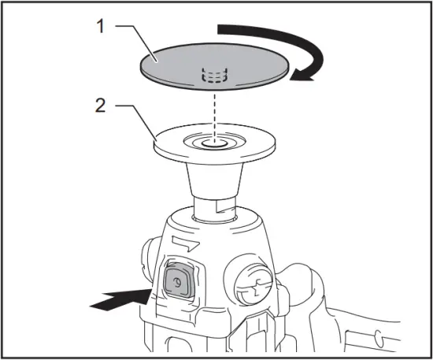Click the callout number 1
point(99,25)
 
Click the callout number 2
point(99,105)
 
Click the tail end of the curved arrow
point(224,30)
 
